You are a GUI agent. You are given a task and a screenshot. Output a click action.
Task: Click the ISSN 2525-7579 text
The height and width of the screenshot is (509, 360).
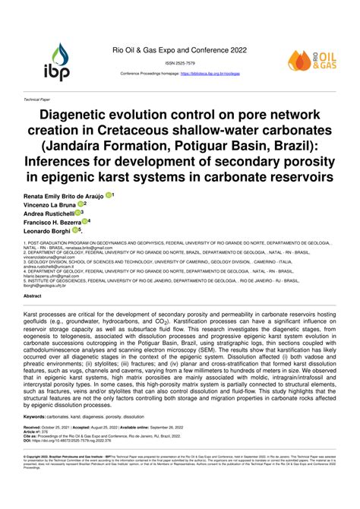180,64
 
